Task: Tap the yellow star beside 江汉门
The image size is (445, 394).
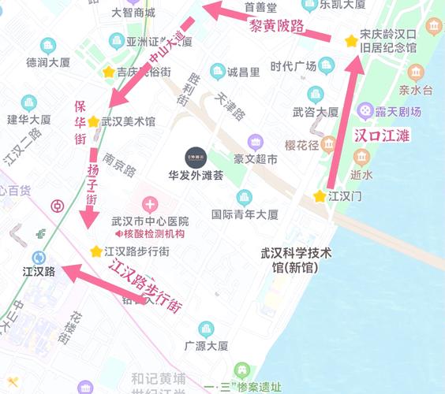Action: [x=320, y=195]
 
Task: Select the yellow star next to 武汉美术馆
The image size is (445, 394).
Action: [x=93, y=122]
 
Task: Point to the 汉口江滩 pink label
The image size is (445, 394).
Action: [x=381, y=135]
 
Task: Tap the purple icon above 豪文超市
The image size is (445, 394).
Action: [x=255, y=143]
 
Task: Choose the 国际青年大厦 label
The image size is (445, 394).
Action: [x=245, y=214]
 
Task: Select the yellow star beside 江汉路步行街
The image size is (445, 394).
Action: [x=96, y=251]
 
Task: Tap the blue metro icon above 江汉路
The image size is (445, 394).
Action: [x=38, y=257]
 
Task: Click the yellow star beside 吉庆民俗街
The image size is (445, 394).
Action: [x=108, y=72]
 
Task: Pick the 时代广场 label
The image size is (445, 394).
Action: [x=293, y=66]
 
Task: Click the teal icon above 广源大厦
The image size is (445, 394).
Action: [x=206, y=328]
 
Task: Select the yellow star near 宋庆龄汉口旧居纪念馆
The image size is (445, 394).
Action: [x=350, y=40]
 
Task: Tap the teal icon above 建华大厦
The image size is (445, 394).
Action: [x=29, y=102]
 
